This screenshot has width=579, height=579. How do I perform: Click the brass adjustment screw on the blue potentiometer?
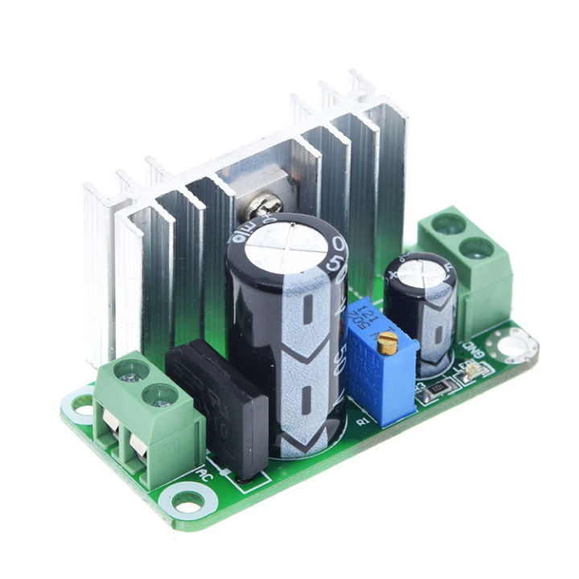[388, 345]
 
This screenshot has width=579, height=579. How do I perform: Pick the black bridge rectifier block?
[217, 406]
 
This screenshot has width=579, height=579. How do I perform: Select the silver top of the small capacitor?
[418, 269]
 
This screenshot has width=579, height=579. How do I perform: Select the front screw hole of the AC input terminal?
[159, 395]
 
